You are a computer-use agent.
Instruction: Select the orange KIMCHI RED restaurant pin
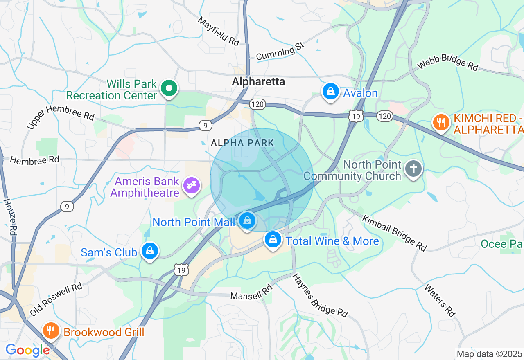point(441,122)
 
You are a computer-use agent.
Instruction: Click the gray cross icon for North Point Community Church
point(413,169)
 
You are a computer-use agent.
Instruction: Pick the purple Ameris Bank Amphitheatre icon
point(192,185)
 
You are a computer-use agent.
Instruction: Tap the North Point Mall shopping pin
point(247,221)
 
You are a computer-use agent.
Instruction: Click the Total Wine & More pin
point(273,240)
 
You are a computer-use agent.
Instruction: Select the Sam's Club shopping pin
point(150,251)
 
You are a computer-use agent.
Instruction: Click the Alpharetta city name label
point(258,81)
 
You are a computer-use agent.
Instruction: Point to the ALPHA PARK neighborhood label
point(242,143)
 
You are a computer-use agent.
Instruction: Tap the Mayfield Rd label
point(219,31)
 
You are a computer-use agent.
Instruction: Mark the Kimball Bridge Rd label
point(394,232)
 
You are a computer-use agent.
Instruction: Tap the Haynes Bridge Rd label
point(320,296)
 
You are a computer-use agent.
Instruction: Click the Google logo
point(27,351)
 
